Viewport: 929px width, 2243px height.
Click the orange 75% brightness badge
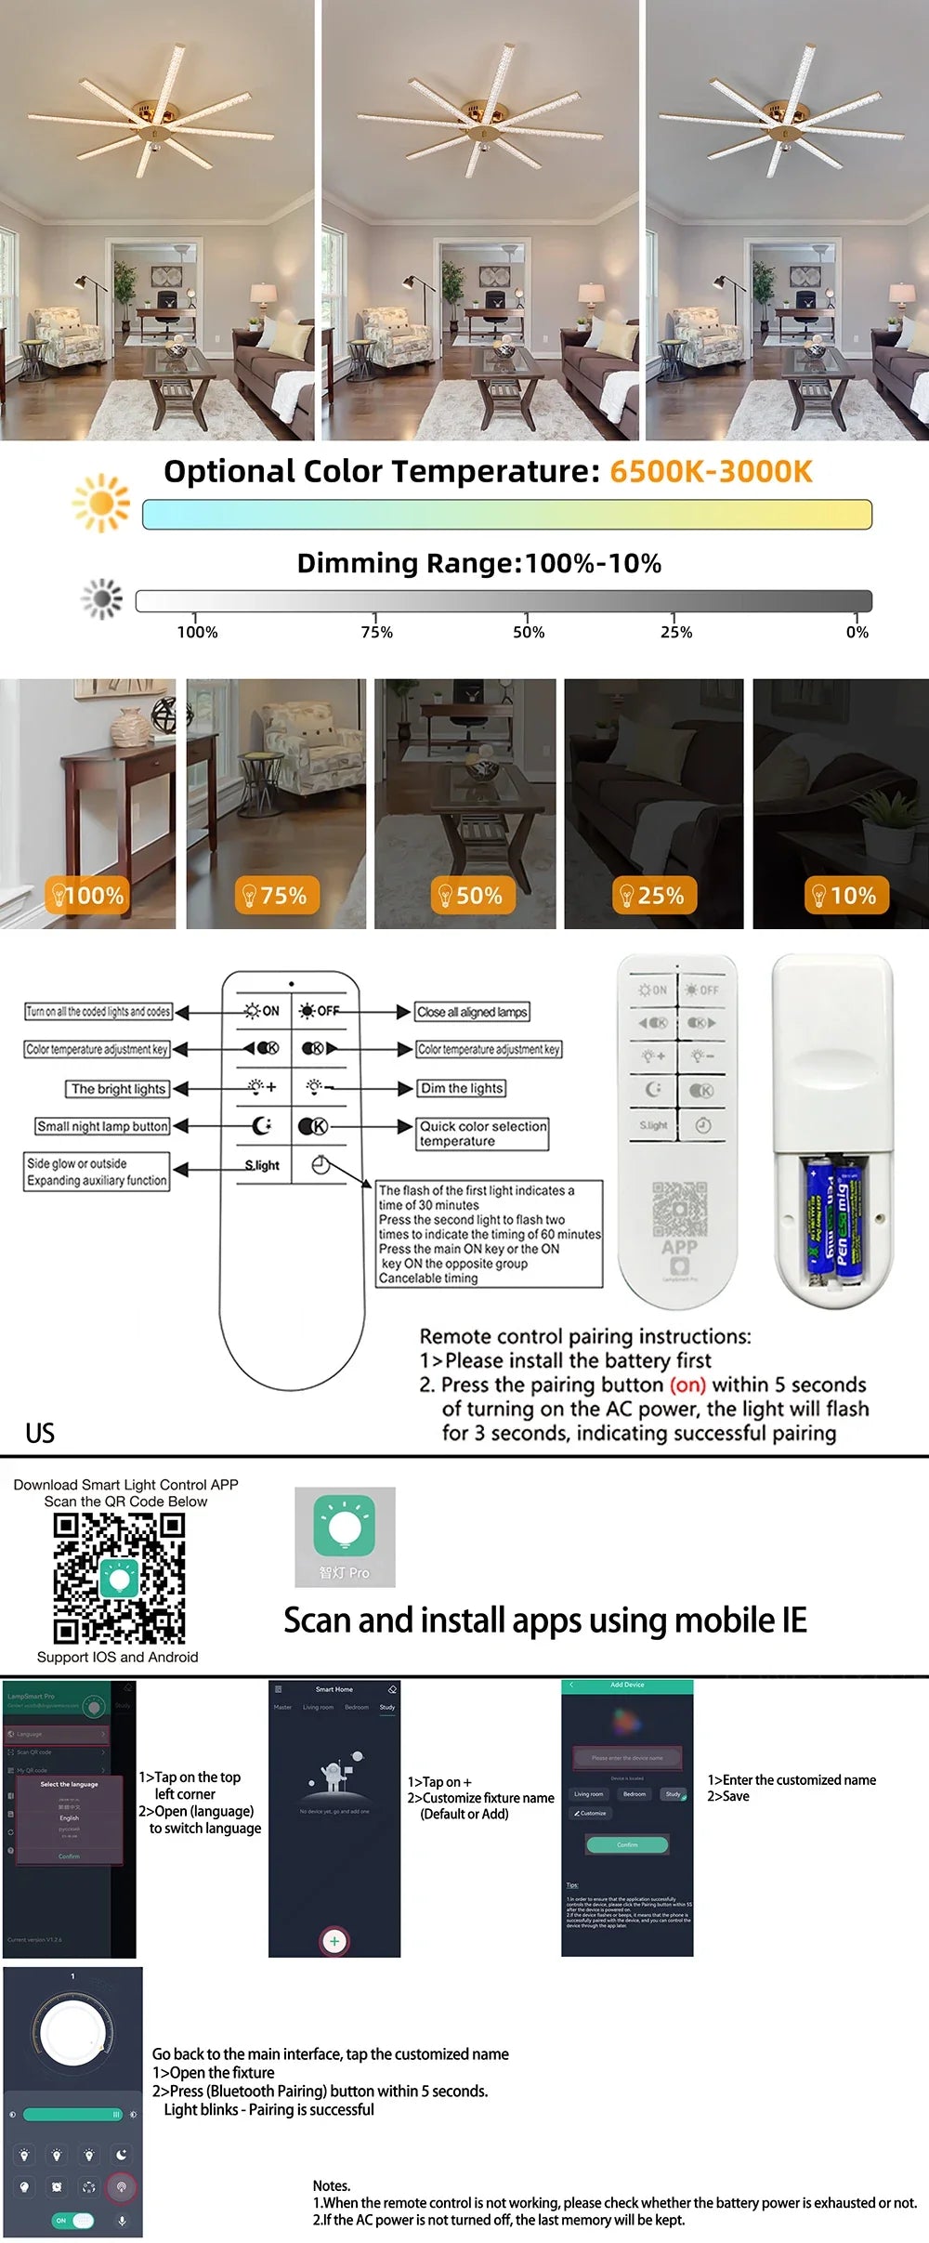coord(275,896)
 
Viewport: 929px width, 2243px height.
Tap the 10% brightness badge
coord(845,896)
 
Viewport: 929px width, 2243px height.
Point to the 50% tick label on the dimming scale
coord(529,632)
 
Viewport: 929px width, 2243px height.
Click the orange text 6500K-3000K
coord(711,471)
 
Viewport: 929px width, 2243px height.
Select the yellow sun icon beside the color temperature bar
coord(101,504)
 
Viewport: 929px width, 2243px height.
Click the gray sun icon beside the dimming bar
coord(102,599)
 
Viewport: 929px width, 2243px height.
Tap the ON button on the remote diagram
coord(261,1011)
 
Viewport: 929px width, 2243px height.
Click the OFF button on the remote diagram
coord(319,1011)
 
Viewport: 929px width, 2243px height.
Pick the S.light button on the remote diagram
coord(262,1165)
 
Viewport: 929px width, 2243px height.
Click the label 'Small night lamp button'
coord(102,1126)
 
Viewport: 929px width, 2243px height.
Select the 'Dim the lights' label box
coord(462,1088)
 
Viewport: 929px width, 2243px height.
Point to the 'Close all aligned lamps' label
coord(472,1012)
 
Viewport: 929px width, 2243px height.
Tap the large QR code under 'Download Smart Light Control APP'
coord(119,1579)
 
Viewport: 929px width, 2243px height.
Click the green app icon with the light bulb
coord(345,1526)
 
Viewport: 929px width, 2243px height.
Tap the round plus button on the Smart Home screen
coord(334,1941)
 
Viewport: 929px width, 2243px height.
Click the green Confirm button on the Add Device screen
coord(627,1844)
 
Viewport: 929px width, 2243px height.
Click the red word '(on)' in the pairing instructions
coord(687,1384)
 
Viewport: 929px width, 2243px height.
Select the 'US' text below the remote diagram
coord(40,1433)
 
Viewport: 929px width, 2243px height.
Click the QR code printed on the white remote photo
coord(679,1208)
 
